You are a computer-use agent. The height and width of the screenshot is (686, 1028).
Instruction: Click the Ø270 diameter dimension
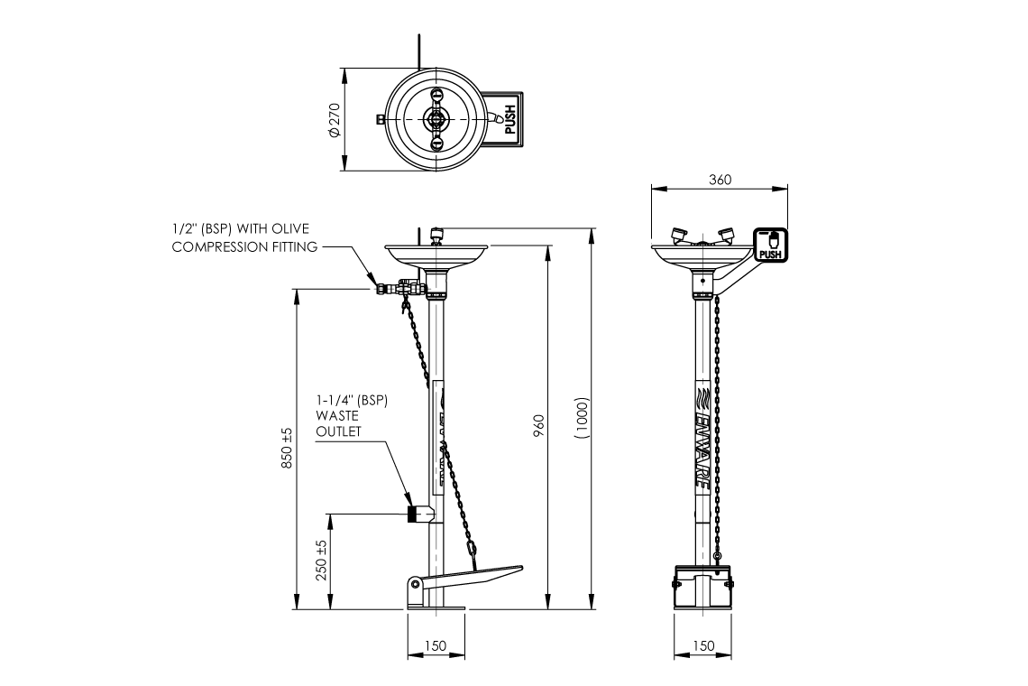[x=334, y=120]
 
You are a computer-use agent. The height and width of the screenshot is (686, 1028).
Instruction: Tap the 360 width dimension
[x=720, y=179]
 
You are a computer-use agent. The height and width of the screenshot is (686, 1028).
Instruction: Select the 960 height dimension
[x=538, y=424]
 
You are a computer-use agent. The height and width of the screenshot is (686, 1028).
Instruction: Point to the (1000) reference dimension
[x=583, y=418]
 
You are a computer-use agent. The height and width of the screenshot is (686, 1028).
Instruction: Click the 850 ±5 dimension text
[x=288, y=446]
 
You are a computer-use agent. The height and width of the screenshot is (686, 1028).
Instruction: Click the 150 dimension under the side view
[x=435, y=646]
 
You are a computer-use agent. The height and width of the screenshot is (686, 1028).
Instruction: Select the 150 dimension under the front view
[x=704, y=646]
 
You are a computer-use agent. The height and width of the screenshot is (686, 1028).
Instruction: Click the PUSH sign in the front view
[x=770, y=245]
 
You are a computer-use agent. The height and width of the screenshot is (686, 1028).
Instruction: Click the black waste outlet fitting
[x=413, y=514]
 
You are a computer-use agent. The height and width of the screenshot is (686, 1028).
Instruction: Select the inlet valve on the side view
[x=401, y=289]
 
